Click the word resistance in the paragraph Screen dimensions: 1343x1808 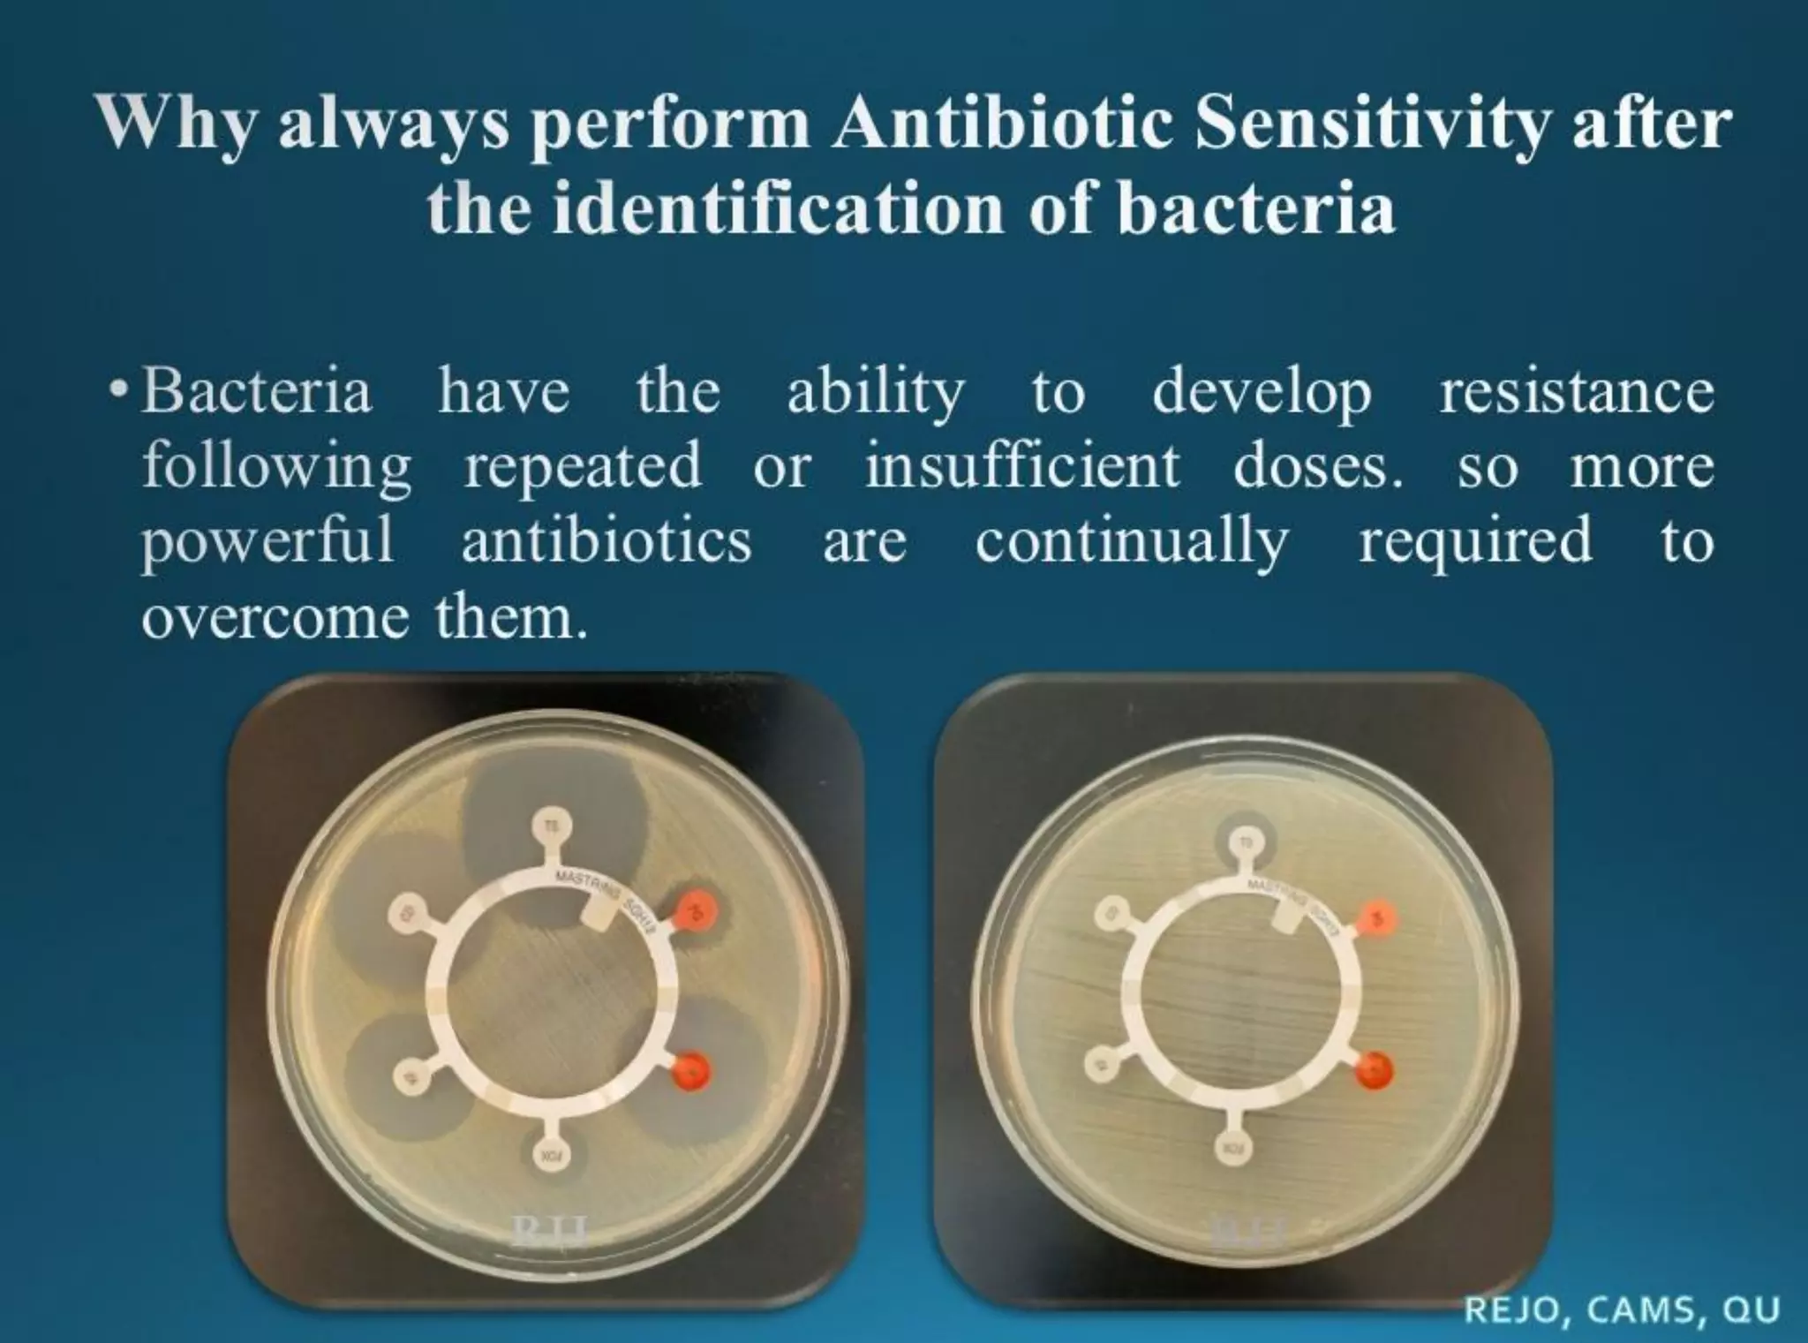[1577, 391]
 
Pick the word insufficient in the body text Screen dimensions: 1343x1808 [1022, 465]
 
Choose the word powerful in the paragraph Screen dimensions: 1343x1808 [267, 539]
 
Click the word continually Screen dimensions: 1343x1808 [1133, 539]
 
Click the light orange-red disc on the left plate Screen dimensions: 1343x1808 [697, 910]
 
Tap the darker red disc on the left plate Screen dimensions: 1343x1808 [693, 1072]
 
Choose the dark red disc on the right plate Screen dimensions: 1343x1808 [1375, 1070]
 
